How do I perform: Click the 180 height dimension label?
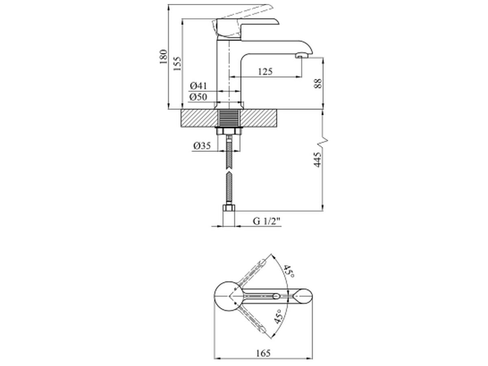pos(163,57)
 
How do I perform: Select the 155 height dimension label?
pos(177,63)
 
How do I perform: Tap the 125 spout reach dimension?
pos(265,72)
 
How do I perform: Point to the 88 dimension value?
pos(318,83)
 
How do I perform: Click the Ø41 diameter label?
pos(198,86)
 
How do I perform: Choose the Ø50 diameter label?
pos(198,97)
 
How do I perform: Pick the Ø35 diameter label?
pos(202,146)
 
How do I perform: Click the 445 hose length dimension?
pos(318,159)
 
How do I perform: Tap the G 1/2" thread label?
pos(266,221)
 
